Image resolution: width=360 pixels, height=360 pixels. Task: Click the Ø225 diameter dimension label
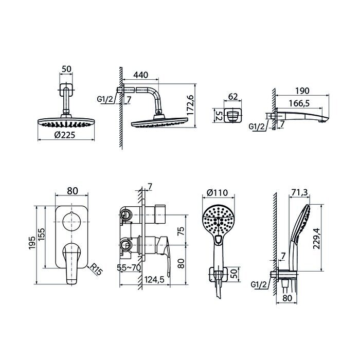coord(64,135)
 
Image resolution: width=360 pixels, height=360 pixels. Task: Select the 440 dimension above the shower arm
coord(141,75)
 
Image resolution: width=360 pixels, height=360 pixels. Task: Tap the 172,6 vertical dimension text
coord(190,105)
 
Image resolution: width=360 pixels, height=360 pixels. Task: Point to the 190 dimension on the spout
coord(302,91)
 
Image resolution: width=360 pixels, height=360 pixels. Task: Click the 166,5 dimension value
coord(299,103)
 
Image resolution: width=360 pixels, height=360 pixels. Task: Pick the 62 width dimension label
coord(232,97)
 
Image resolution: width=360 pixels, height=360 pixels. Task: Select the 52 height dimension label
coord(218,116)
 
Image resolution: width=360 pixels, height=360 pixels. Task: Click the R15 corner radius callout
coord(96,269)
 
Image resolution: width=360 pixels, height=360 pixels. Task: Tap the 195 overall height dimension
coord(32,242)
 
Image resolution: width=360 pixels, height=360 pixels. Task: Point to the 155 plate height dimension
coord(42,234)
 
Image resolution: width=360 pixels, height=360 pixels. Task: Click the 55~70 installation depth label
coord(129,267)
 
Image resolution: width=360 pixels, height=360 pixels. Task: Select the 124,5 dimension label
coord(154,279)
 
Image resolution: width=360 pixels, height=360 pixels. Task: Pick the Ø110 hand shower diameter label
coord(217,192)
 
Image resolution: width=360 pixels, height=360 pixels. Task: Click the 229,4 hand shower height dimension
coord(316,239)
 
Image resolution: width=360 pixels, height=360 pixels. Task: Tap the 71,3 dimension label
coord(299,193)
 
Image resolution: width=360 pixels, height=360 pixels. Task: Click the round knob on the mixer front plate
coord(71,221)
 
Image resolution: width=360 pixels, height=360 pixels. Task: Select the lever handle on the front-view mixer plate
coord(71,263)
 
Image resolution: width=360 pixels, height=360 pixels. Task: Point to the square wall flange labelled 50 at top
coord(66,89)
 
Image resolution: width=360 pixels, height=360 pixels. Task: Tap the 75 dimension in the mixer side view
coord(181,231)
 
